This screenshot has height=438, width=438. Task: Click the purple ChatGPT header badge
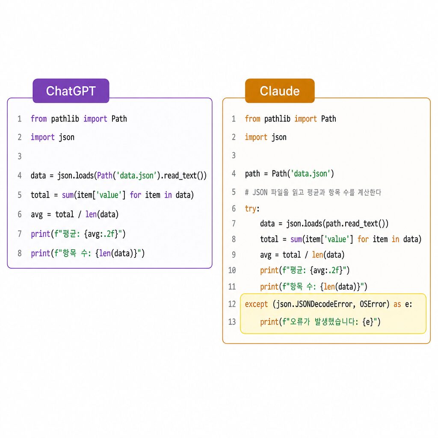71,91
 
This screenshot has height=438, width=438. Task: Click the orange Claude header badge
280,91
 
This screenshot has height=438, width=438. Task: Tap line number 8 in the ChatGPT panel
20,253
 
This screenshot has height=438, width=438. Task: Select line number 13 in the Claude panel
232,322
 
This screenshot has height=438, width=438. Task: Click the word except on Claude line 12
256,304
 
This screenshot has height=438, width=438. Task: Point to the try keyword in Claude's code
251,209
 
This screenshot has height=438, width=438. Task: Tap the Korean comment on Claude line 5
313,192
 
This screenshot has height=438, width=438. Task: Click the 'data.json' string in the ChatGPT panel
136,175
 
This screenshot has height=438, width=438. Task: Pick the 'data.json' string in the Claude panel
311,174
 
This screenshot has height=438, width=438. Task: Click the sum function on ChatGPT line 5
68,195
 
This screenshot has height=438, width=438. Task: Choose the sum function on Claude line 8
296,240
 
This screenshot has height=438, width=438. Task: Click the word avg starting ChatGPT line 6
37,215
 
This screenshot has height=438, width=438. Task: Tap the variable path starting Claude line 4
252,174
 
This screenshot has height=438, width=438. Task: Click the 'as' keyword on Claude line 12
397,304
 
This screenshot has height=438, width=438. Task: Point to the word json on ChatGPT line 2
66,137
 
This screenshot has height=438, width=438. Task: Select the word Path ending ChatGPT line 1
119,119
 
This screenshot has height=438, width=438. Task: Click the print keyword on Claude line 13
269,322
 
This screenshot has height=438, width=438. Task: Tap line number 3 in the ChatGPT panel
20,156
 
